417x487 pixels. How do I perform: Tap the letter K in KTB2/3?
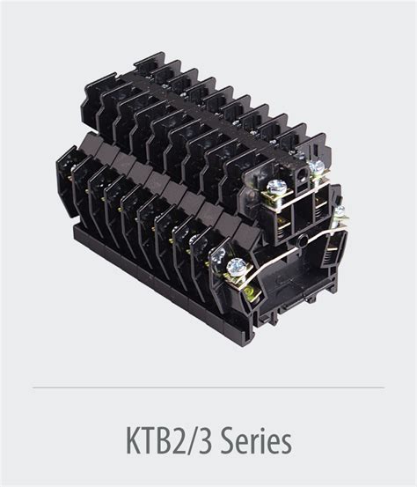[x=134, y=440]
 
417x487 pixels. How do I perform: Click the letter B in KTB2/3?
[x=166, y=440]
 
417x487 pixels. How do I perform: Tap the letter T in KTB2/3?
[x=150, y=440]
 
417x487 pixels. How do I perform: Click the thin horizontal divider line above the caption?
[x=208, y=387]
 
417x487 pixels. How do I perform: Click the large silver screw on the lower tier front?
[x=237, y=267]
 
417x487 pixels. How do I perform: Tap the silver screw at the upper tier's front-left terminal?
[x=276, y=187]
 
